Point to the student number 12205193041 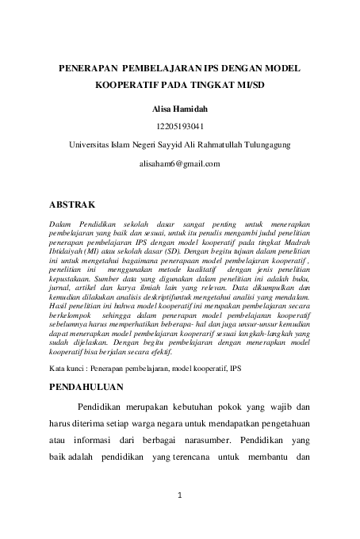(180, 125)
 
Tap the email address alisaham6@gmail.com (180, 163)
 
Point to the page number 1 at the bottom (180, 497)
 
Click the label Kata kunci (67, 370)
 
